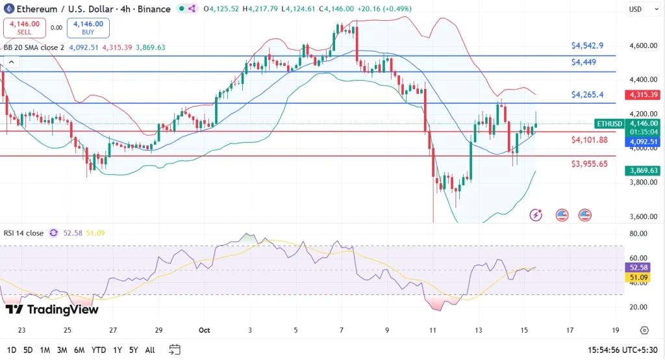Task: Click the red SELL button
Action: [x=25, y=27]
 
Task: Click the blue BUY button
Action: [x=88, y=27]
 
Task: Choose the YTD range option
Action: [x=98, y=350]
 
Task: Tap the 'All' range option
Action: [x=149, y=350]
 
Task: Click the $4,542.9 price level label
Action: [x=587, y=45]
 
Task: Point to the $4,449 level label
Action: [x=584, y=62]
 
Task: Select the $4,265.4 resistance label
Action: [x=587, y=94]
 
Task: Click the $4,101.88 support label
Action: [x=589, y=140]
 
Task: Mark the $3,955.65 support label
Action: [x=589, y=164]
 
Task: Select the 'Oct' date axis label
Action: [x=204, y=330]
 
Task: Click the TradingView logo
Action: [x=52, y=310]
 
